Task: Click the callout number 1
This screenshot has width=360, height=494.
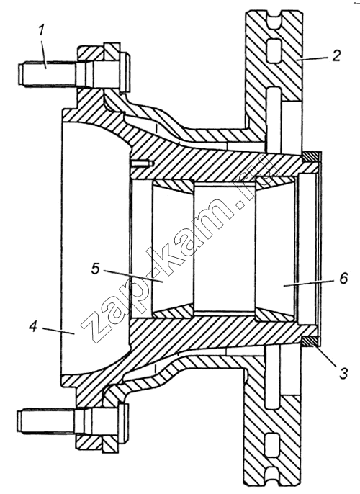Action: [42, 30]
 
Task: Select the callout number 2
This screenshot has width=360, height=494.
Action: [336, 55]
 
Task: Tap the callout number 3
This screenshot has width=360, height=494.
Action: [343, 373]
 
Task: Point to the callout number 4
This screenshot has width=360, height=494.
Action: [33, 327]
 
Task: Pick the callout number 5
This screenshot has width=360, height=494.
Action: [96, 269]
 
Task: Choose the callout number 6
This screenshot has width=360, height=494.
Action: [343, 278]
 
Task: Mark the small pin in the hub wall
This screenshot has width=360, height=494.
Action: [142, 163]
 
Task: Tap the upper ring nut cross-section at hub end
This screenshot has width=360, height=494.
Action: [310, 157]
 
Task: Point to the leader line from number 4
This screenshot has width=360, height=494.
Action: [59, 331]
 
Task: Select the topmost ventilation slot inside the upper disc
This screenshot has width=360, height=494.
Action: [273, 50]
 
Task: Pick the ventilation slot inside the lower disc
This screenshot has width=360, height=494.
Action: [272, 445]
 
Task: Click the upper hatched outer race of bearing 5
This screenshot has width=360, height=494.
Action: [172, 185]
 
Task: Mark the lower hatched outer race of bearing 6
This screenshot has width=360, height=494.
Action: [276, 315]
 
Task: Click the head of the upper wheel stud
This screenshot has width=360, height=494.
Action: [124, 73]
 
